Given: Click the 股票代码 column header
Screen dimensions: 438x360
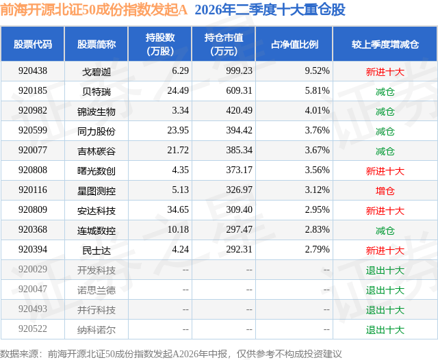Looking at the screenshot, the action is point(33,44).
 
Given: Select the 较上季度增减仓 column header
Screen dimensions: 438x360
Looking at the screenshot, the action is point(385,44).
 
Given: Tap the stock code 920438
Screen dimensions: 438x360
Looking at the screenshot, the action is point(33,70).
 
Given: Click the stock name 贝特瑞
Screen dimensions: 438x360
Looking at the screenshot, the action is point(96,91).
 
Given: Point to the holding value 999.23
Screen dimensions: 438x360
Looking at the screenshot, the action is point(239,70).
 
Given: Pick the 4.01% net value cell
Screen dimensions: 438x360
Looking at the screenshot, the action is point(317,110).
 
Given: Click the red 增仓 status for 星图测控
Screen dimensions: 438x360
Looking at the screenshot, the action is point(385,191).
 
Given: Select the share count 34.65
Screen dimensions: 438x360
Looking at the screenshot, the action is point(178,209).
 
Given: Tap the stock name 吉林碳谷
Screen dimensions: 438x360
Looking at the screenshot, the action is point(96,151).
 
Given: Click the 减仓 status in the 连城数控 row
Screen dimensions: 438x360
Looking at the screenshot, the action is point(385,231).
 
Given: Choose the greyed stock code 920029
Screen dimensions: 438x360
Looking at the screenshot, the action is point(33,269).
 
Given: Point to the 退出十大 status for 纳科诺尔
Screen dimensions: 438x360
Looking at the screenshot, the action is point(385,330).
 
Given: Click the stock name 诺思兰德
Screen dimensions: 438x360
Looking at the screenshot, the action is point(96,290).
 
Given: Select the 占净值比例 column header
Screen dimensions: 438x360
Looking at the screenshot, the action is point(294,44).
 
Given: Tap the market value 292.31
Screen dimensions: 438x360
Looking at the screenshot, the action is point(239,249).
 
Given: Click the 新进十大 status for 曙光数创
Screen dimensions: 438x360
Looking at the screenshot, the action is point(385,171).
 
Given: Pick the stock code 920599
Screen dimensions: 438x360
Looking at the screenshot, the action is point(33,130).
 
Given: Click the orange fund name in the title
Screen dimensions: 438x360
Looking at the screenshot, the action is point(94,10).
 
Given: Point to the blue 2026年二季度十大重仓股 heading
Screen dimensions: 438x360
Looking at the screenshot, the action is point(270,10).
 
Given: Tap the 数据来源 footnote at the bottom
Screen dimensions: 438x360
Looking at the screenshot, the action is point(171,354).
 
